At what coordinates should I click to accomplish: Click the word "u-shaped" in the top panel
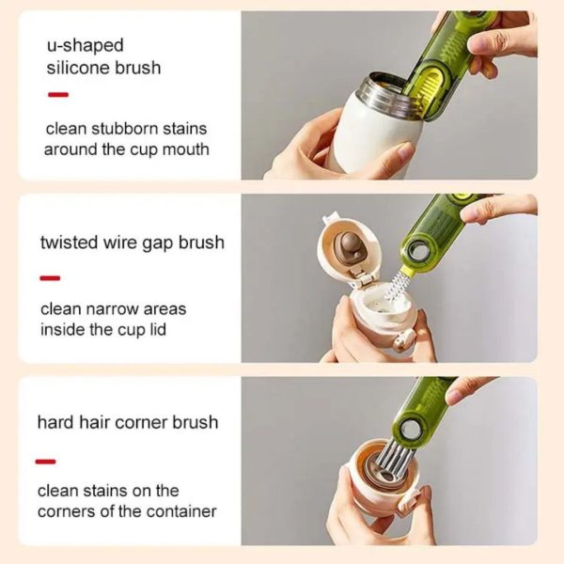pos(85,45)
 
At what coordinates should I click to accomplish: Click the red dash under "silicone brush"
pos(57,94)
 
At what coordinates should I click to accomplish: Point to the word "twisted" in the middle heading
pos(70,243)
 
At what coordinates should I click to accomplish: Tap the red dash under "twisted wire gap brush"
pos(50,278)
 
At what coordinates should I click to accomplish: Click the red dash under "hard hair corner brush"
pos(46,461)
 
